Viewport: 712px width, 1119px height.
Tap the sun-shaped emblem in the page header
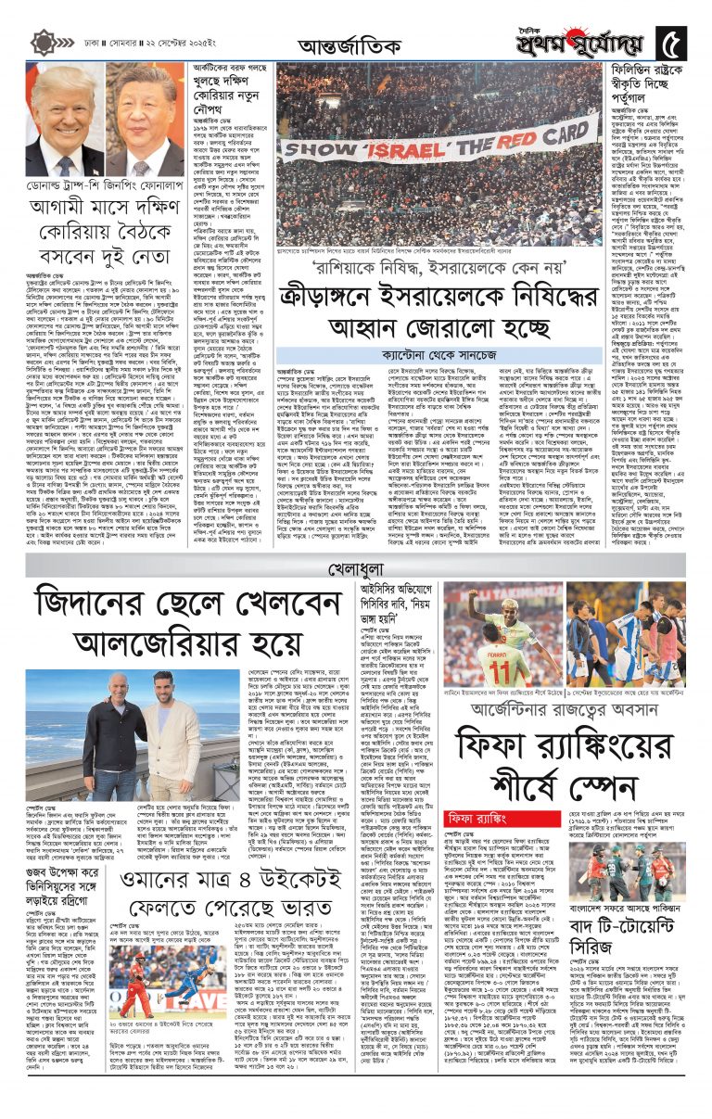[42, 43]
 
